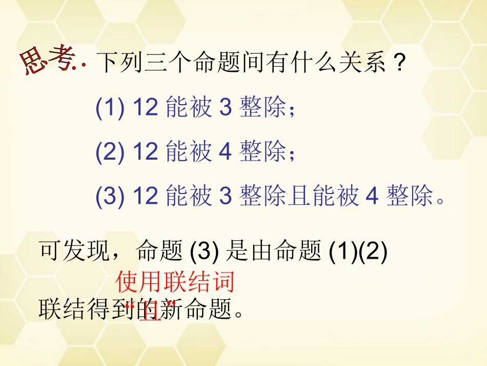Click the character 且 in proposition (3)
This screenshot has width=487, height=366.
pyautogui.click(x=299, y=197)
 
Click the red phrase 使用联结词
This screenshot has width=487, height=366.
pyautogui.click(x=175, y=282)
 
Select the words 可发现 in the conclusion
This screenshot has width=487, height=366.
pyautogui.click(x=74, y=252)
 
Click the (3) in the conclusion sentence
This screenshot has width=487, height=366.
pyautogui.click(x=205, y=252)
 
